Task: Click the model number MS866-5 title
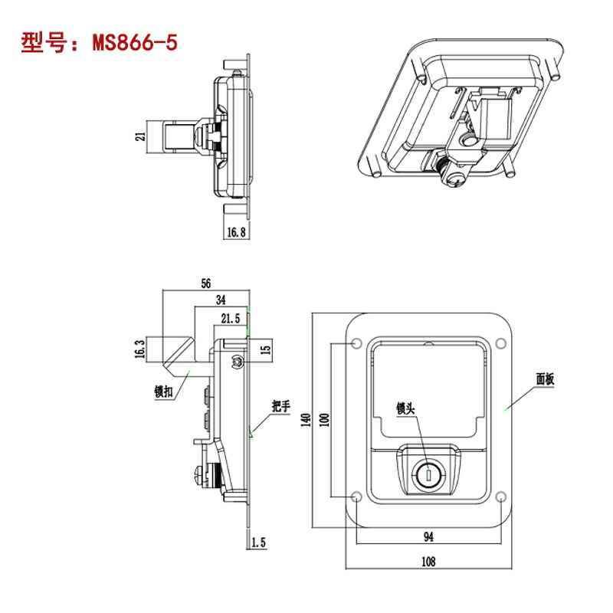pyautogui.click(x=100, y=42)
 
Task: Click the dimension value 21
pyautogui.click(x=139, y=136)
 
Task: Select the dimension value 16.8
pyautogui.click(x=235, y=233)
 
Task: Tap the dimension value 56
pyautogui.click(x=205, y=284)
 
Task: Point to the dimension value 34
pyautogui.click(x=221, y=300)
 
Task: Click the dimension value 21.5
pyautogui.click(x=231, y=317)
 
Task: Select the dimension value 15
pyautogui.click(x=266, y=349)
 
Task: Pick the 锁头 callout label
pyautogui.click(x=405, y=408)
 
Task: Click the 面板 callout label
pyautogui.click(x=546, y=379)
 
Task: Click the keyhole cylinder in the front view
pyautogui.click(x=428, y=475)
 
